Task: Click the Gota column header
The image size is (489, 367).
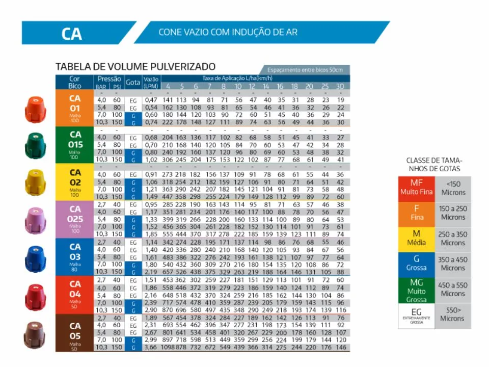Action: pos(133,82)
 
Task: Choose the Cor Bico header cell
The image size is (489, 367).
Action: pos(75,82)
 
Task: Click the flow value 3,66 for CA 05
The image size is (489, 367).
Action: pos(151,347)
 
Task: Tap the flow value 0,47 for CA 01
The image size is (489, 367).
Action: pos(151,100)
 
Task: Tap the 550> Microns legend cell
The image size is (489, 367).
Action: pos(452,315)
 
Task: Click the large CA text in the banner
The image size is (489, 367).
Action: pos(72,34)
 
